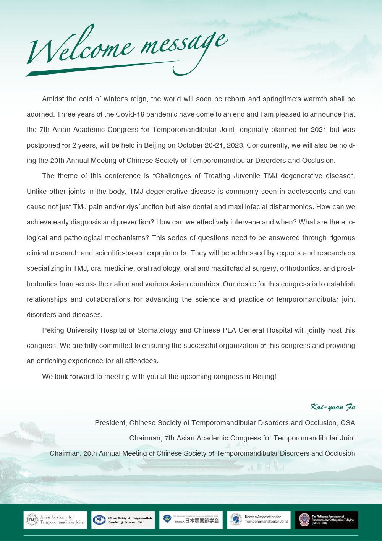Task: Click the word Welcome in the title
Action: click(x=80, y=48)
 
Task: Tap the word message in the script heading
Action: click(x=183, y=44)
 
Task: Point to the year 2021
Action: click(x=318, y=130)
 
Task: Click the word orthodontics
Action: click(x=299, y=268)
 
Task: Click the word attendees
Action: click(x=139, y=361)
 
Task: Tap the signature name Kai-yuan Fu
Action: click(x=333, y=407)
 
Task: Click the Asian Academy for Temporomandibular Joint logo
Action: click(x=55, y=520)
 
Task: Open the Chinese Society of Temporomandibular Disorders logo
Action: click(x=123, y=520)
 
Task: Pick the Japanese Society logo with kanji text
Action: click(x=191, y=520)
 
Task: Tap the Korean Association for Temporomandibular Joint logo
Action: click(x=259, y=520)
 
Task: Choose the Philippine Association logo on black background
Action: click(x=327, y=520)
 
